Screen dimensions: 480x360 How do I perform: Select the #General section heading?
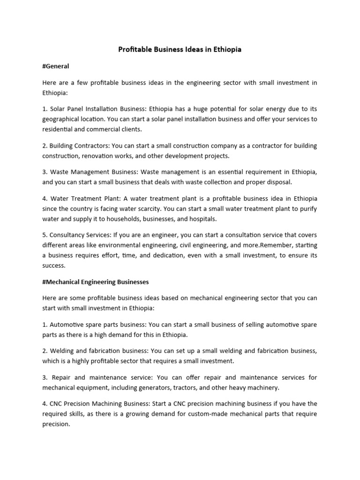(x=56, y=66)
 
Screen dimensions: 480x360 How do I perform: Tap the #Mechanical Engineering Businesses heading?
(x=95, y=282)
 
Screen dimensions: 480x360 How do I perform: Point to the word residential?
(x=59, y=129)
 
